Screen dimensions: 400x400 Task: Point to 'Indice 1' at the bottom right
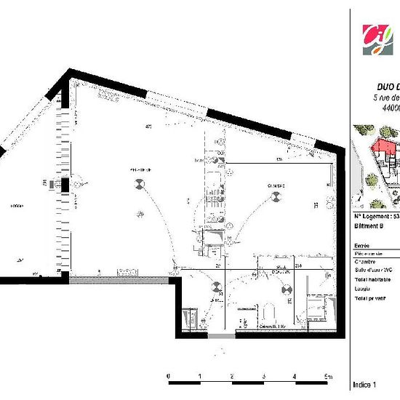click(x=365, y=384)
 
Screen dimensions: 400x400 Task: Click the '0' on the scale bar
click(x=169, y=376)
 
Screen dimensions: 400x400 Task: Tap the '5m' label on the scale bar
click(x=327, y=376)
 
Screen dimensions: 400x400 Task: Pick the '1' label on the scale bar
click(x=200, y=376)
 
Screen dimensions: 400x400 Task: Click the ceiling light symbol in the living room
click(x=137, y=185)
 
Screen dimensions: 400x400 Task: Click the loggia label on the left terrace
click(x=16, y=206)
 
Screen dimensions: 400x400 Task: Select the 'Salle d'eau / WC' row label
click(x=372, y=268)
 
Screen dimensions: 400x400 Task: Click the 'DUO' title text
click(x=386, y=85)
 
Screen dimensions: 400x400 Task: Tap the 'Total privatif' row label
click(x=371, y=299)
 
